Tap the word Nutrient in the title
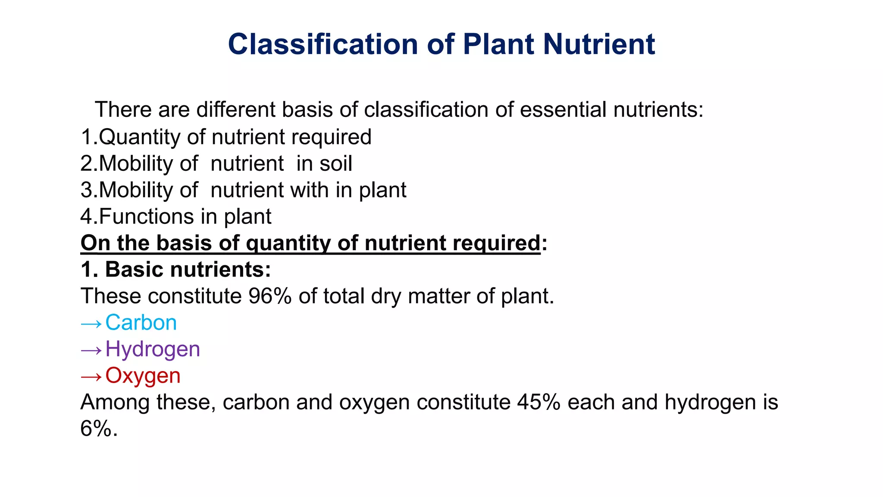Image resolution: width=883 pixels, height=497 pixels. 599,44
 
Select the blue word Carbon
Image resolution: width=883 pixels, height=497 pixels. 141,323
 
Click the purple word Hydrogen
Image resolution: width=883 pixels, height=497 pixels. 153,349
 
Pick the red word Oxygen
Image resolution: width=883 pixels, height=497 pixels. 143,376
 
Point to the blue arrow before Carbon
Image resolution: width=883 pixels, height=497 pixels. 91,324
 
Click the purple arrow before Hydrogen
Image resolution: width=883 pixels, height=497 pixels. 91,350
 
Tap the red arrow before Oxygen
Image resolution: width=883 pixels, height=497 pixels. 91,377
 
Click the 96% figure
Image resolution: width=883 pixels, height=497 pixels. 270,296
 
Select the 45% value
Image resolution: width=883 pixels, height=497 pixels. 539,402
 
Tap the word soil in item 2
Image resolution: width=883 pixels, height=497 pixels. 336,164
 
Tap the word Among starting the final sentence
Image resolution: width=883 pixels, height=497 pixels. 115,402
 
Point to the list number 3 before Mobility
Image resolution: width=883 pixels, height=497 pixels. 86,190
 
